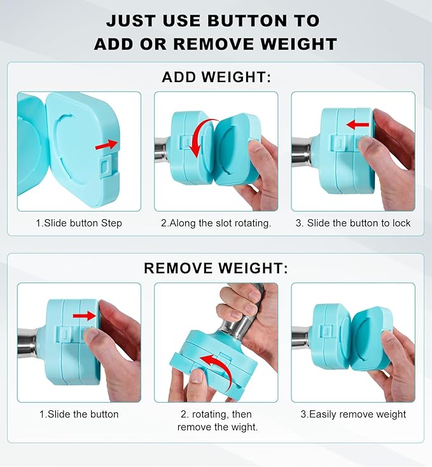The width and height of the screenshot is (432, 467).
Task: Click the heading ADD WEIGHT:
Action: coord(216,78)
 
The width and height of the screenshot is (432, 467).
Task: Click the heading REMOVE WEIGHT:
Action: coord(216,268)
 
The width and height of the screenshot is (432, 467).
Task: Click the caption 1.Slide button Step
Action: coord(78,223)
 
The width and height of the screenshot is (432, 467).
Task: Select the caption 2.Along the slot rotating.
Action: coord(216,223)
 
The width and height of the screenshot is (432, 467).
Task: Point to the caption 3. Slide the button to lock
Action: coord(353,223)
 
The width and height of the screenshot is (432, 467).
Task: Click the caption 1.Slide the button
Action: coord(78,414)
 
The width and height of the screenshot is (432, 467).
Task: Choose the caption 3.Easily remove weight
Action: coord(353,414)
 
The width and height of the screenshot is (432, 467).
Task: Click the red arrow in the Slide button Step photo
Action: coord(106,146)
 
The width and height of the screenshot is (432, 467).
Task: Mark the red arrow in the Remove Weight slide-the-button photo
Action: coord(84,315)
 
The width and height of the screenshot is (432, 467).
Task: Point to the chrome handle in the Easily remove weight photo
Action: coord(301,336)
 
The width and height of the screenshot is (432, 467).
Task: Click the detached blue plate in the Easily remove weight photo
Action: coord(371,338)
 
